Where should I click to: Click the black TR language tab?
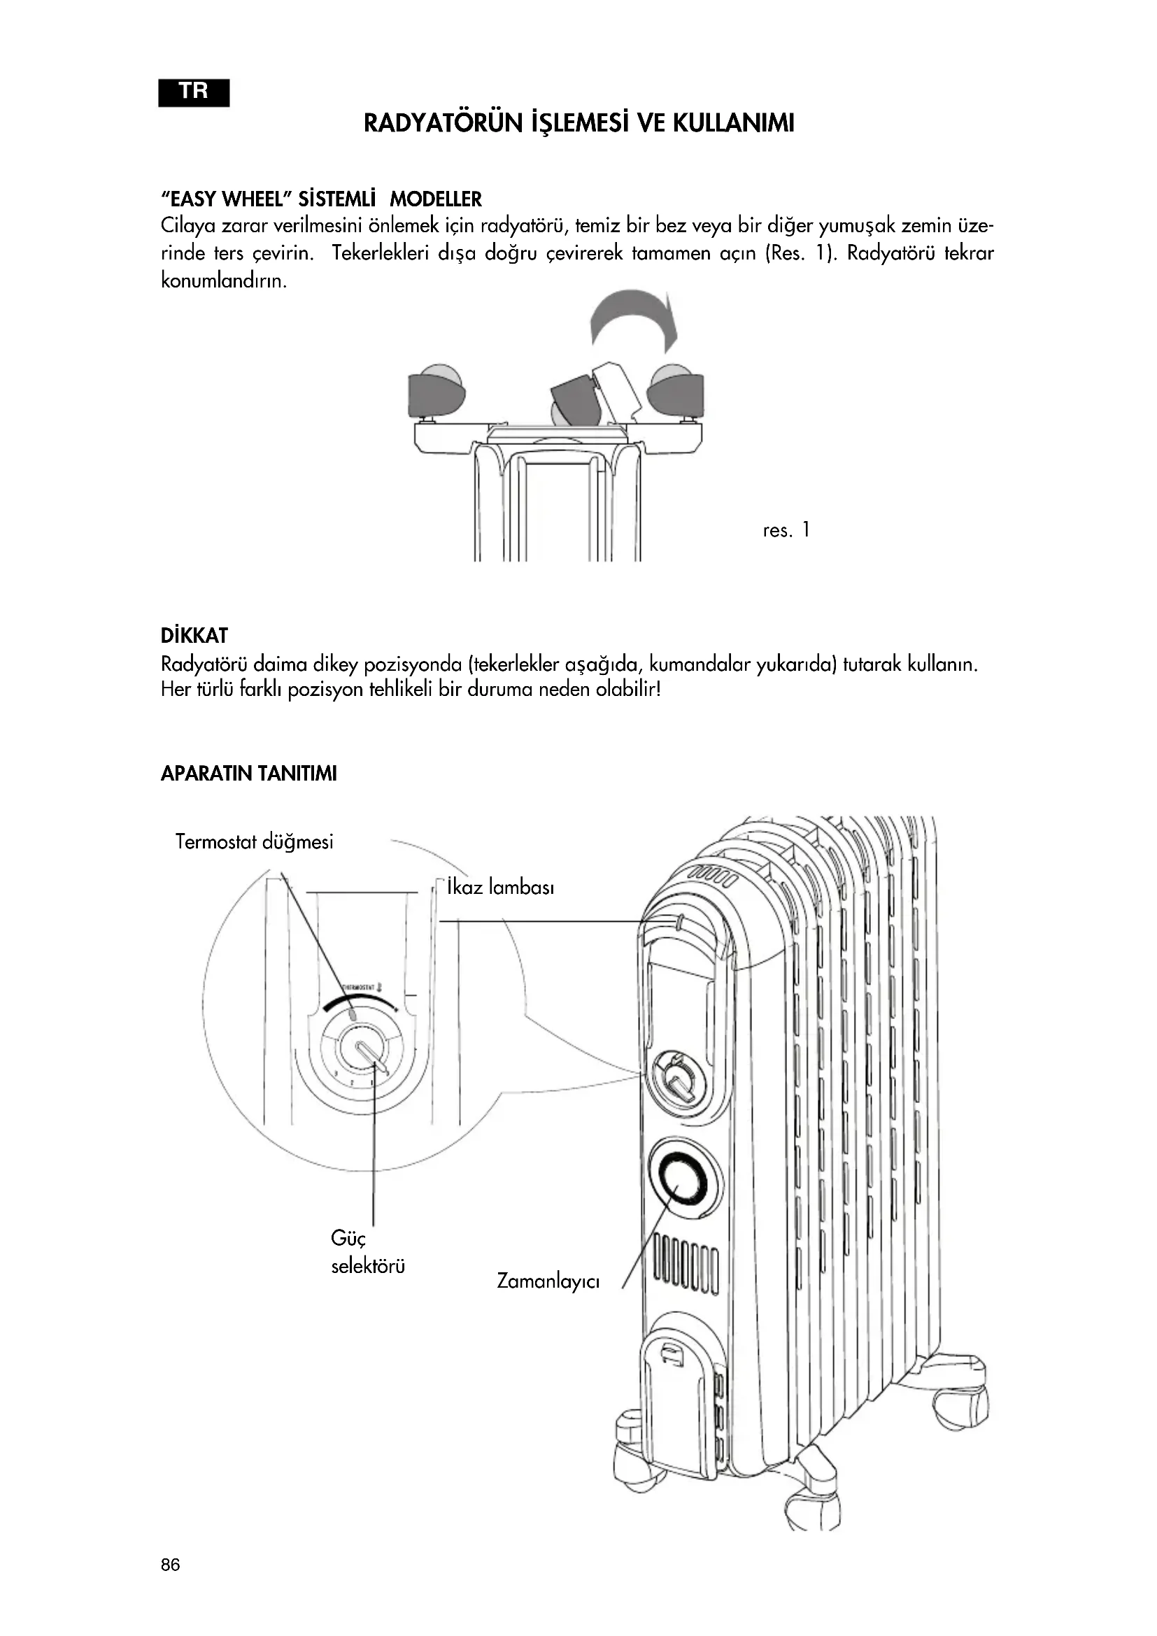coord(194,92)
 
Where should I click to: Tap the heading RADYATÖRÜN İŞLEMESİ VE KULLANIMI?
coord(578,123)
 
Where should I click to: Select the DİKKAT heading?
coord(194,635)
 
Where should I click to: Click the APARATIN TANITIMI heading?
coord(248,773)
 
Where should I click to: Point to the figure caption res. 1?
coord(786,530)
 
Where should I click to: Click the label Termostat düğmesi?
coord(255,841)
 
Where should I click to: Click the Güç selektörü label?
coord(368,1253)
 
